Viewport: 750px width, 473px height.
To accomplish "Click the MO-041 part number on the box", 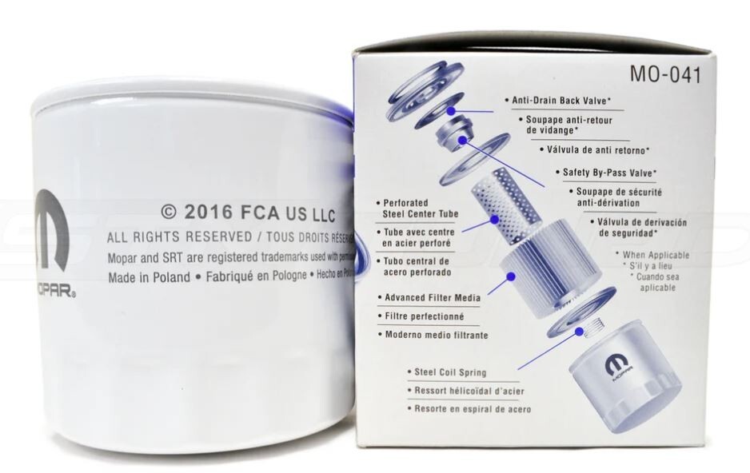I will [665, 76].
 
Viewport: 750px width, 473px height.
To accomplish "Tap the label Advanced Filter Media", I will [433, 297].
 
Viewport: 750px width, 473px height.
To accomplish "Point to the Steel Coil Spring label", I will [450, 372].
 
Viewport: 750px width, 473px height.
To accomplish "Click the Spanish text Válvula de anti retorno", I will [604, 149].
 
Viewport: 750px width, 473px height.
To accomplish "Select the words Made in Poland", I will [149, 277].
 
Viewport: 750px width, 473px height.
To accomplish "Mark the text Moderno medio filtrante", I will [436, 335].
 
